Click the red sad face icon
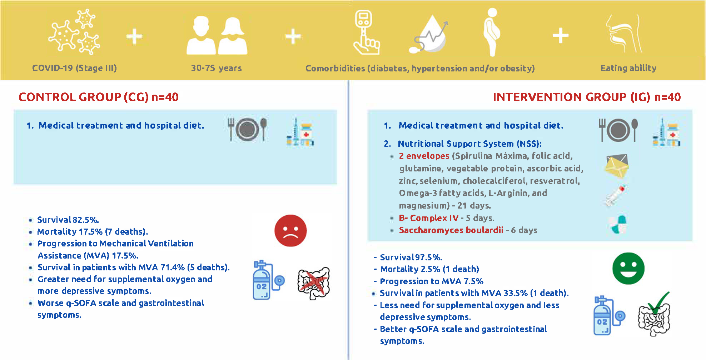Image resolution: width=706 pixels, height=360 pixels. [x=290, y=231]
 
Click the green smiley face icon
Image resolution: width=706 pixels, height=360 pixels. [x=628, y=269]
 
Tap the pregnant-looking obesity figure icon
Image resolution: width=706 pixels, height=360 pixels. [x=492, y=32]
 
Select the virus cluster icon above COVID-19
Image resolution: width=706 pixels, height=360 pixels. [x=74, y=32]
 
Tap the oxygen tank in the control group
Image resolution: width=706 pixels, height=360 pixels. [x=268, y=280]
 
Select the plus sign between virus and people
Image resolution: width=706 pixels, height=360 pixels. [x=134, y=36]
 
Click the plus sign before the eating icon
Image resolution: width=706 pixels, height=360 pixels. [x=561, y=36]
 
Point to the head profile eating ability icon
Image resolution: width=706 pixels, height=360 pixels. [x=623, y=34]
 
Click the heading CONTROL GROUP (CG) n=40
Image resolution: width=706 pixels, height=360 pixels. [x=99, y=97]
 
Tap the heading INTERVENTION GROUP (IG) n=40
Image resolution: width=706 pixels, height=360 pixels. [x=587, y=97]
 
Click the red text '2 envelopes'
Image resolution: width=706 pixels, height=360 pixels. [x=424, y=156]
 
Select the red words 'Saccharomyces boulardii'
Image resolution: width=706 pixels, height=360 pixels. [x=451, y=230]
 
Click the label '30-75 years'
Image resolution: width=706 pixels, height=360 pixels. [x=217, y=68]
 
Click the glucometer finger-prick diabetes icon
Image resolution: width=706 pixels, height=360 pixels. [x=366, y=32]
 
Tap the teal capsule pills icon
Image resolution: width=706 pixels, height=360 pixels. [x=618, y=224]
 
